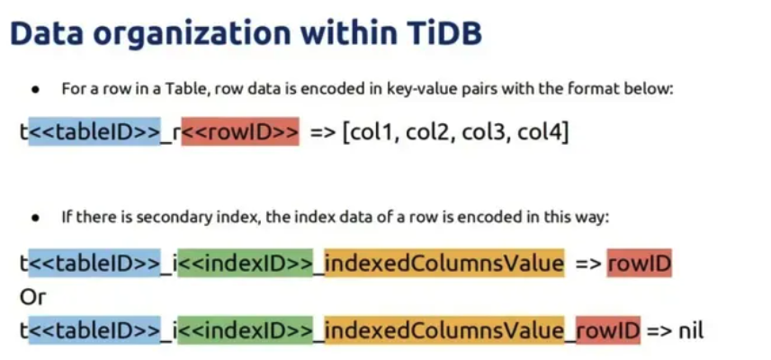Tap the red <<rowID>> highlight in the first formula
coord(240,131)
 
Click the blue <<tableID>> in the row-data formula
coord(94,131)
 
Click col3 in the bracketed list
coord(481,131)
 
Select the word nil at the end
coord(691,330)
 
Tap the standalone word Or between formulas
coord(32,297)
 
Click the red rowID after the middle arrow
coord(639,263)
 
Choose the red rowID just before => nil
coord(608,330)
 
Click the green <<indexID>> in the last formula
coord(245,330)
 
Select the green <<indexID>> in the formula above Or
coord(245,263)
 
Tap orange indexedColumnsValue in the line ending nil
coord(444,330)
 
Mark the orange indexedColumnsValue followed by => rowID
coord(444,263)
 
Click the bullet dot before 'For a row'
coord(35,91)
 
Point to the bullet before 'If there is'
coord(35,218)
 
